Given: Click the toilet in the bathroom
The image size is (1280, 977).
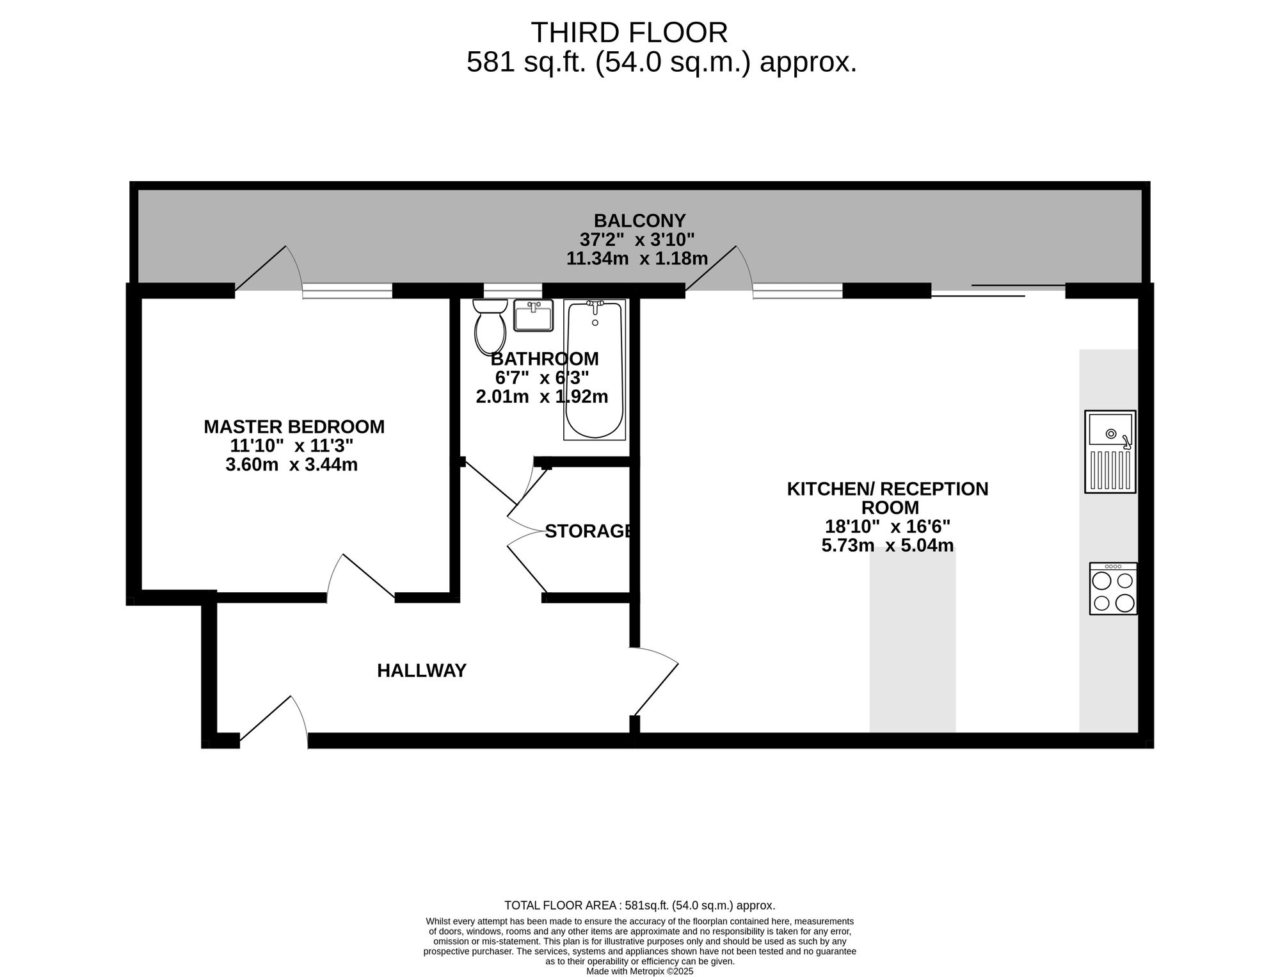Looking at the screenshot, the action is point(490,327).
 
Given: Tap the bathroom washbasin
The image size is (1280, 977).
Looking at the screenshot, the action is point(533,316).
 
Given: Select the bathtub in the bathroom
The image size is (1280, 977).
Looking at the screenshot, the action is point(595,369).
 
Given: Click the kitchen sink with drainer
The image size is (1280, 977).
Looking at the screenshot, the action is point(1110,451).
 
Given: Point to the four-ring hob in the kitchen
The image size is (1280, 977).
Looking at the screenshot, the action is point(1114,588).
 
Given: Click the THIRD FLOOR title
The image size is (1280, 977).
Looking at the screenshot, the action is point(629,32).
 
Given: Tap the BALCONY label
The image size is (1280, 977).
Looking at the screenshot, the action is point(639,221).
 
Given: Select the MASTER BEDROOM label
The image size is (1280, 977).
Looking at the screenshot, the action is point(294,427).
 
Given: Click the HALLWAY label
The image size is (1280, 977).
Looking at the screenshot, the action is point(422,671).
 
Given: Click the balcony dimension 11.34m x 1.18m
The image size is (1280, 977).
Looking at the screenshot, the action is point(637,259).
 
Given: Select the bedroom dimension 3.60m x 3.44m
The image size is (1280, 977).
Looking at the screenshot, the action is point(292,465).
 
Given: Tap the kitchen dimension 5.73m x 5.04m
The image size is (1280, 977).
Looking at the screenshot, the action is point(888,546).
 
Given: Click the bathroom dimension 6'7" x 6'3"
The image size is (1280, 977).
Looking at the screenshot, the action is point(542,378).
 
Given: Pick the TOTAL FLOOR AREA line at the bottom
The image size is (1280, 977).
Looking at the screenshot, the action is point(640,905).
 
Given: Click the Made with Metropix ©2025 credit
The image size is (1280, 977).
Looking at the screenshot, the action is point(640,971).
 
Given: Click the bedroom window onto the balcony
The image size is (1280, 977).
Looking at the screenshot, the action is point(348,291).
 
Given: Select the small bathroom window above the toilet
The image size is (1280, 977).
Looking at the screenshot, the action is point(513,291).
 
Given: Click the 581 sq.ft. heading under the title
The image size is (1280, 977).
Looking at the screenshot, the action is point(662,63).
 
